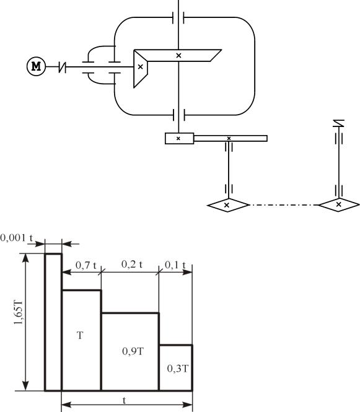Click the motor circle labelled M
(x=37, y=66)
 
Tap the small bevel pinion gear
(x=140, y=69)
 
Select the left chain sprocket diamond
(x=228, y=205)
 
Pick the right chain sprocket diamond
(x=339, y=204)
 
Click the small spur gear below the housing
(x=180, y=139)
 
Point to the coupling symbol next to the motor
(x=62, y=68)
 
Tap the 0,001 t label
(x=17, y=238)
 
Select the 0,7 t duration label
(x=86, y=265)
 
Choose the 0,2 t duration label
(x=132, y=264)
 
